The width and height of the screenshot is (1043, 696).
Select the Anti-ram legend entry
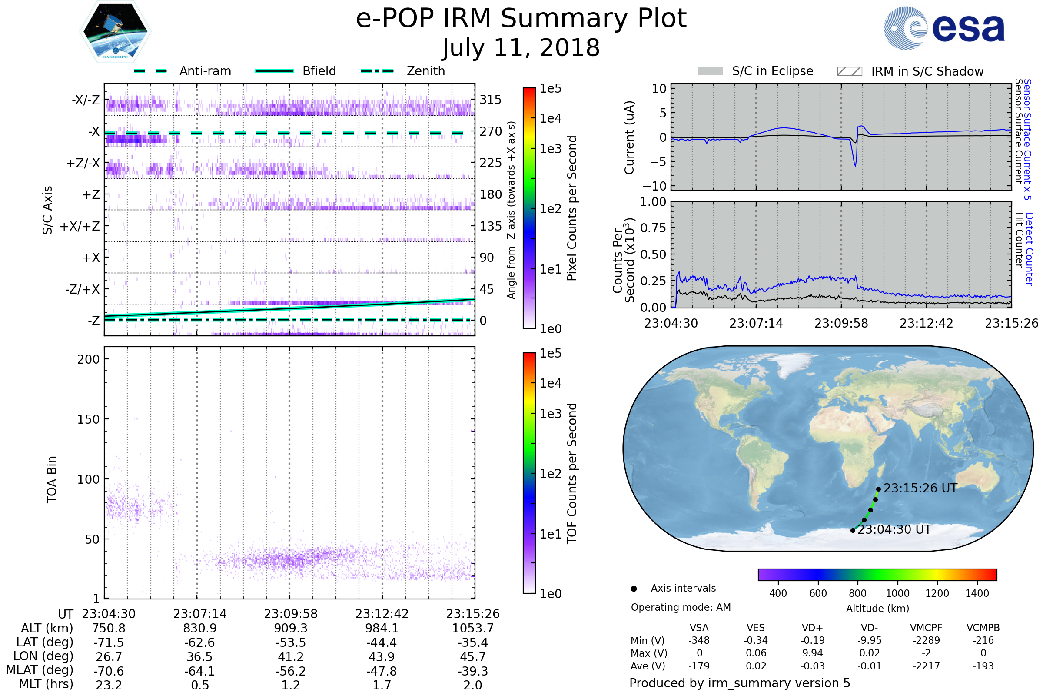tap(205, 71)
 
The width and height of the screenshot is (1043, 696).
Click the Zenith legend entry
tap(425, 71)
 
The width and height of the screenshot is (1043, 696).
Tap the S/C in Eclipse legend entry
tap(772, 71)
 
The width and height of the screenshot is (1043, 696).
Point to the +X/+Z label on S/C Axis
tap(80, 226)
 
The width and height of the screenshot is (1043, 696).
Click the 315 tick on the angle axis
tap(490, 100)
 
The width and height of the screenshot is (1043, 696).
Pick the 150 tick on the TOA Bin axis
tap(88, 419)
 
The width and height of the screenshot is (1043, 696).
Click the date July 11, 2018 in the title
tap(521, 47)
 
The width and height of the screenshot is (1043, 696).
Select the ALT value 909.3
tap(290, 628)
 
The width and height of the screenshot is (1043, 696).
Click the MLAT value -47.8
tap(382, 671)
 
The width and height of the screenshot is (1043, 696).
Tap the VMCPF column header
tap(926, 628)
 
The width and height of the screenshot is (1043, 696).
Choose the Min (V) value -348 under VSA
tap(699, 640)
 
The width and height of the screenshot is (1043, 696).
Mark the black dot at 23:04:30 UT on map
tap(853, 530)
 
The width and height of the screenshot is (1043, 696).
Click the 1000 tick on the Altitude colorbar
tap(897, 593)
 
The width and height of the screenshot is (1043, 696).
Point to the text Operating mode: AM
tap(681, 607)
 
